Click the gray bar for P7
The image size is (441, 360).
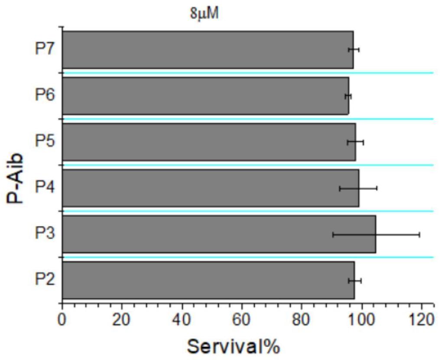[208, 50]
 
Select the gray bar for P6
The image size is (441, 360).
[206, 96]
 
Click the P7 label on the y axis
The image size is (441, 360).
[45, 49]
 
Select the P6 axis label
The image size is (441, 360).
[45, 95]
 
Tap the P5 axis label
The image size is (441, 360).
[45, 141]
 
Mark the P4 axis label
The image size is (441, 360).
[45, 187]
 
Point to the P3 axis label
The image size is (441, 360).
[45, 234]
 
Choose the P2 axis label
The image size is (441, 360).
[45, 279]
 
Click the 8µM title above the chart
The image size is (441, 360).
[204, 13]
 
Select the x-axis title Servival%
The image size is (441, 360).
[234, 346]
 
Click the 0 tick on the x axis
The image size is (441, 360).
[62, 322]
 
